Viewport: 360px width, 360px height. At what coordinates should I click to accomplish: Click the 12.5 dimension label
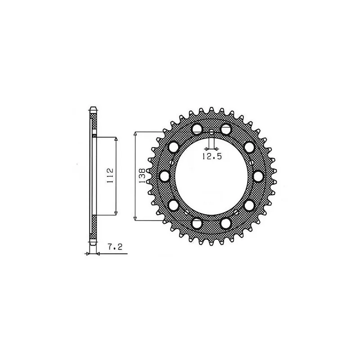(212, 156)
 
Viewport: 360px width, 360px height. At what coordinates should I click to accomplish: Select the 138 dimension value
(142, 175)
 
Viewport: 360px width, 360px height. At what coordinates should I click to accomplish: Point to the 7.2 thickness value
(115, 247)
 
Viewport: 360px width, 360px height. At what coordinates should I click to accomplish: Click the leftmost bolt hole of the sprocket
(164, 176)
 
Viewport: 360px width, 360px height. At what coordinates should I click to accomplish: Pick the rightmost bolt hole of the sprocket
(259, 176)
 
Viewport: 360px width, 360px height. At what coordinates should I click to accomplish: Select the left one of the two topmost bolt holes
(197, 129)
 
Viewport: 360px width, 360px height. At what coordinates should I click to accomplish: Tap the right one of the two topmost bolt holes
(226, 129)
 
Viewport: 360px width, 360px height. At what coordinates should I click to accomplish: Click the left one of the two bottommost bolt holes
(197, 224)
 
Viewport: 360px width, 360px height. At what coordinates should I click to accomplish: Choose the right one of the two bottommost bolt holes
(226, 224)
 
